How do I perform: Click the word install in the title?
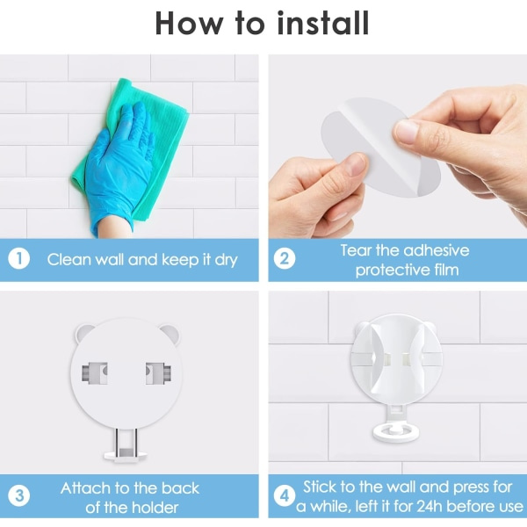(322, 23)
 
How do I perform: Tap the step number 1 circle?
(18, 259)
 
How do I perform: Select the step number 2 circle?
(285, 259)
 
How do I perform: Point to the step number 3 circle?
(18, 496)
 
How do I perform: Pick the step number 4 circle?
(285, 496)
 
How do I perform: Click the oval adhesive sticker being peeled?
(379, 148)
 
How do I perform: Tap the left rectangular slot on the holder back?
(95, 373)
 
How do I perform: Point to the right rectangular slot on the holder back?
(158, 373)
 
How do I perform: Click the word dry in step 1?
(227, 260)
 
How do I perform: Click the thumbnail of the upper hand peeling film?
(406, 131)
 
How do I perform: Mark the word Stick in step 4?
(320, 487)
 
